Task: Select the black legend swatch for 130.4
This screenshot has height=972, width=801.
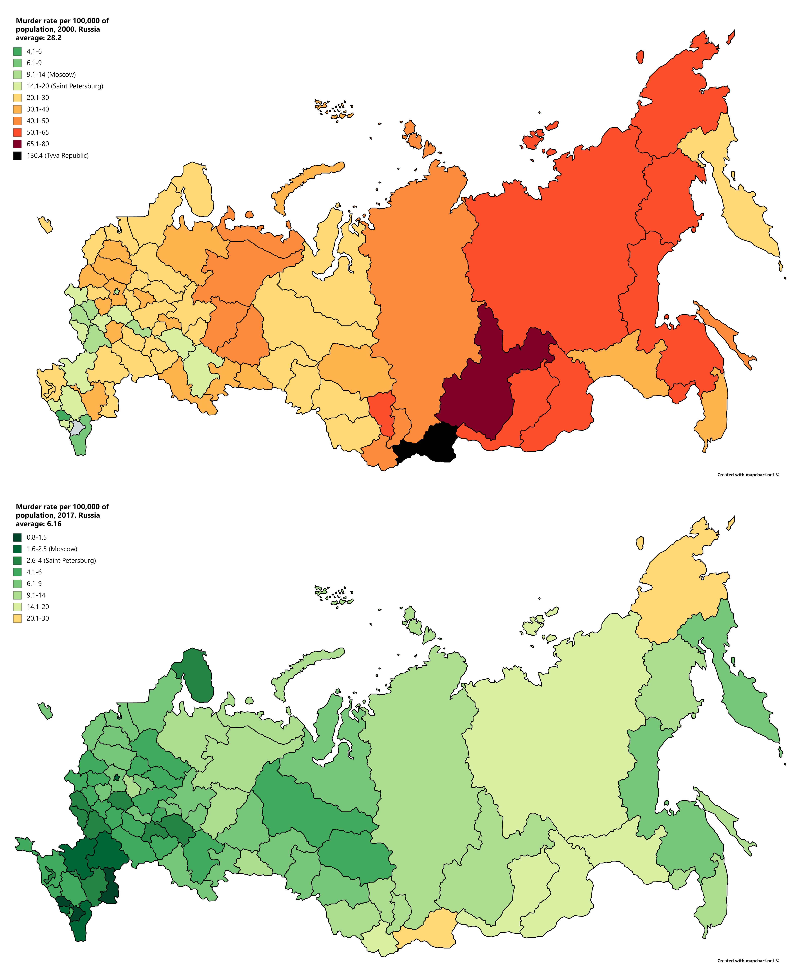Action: point(17,155)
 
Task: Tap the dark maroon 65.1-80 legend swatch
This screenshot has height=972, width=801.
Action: point(17,144)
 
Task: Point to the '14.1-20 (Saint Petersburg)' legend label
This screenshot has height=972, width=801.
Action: point(65,86)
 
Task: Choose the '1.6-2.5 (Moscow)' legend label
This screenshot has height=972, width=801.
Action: point(52,549)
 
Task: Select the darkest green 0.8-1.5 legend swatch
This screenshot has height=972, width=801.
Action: point(17,538)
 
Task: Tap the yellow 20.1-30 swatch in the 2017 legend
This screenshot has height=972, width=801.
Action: point(17,618)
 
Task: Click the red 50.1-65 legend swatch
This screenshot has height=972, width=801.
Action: point(17,132)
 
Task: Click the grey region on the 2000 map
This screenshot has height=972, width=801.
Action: point(77,429)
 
